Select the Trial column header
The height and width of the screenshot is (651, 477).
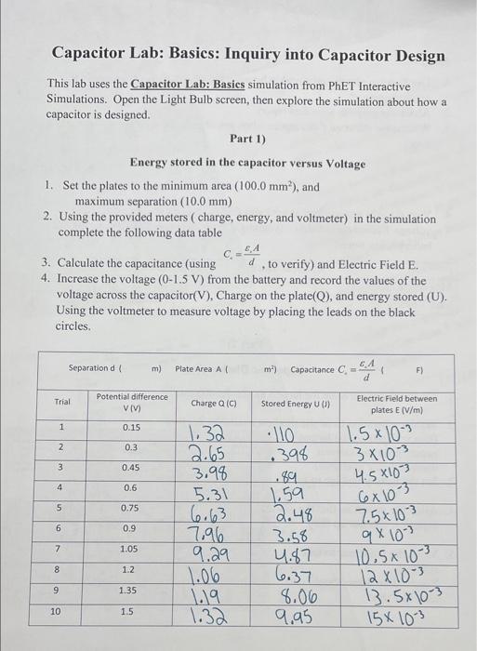[x=62, y=403]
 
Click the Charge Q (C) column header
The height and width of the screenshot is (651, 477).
[x=214, y=404]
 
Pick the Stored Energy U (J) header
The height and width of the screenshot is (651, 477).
[x=286, y=404]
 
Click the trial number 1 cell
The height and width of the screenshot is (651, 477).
[x=61, y=427]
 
